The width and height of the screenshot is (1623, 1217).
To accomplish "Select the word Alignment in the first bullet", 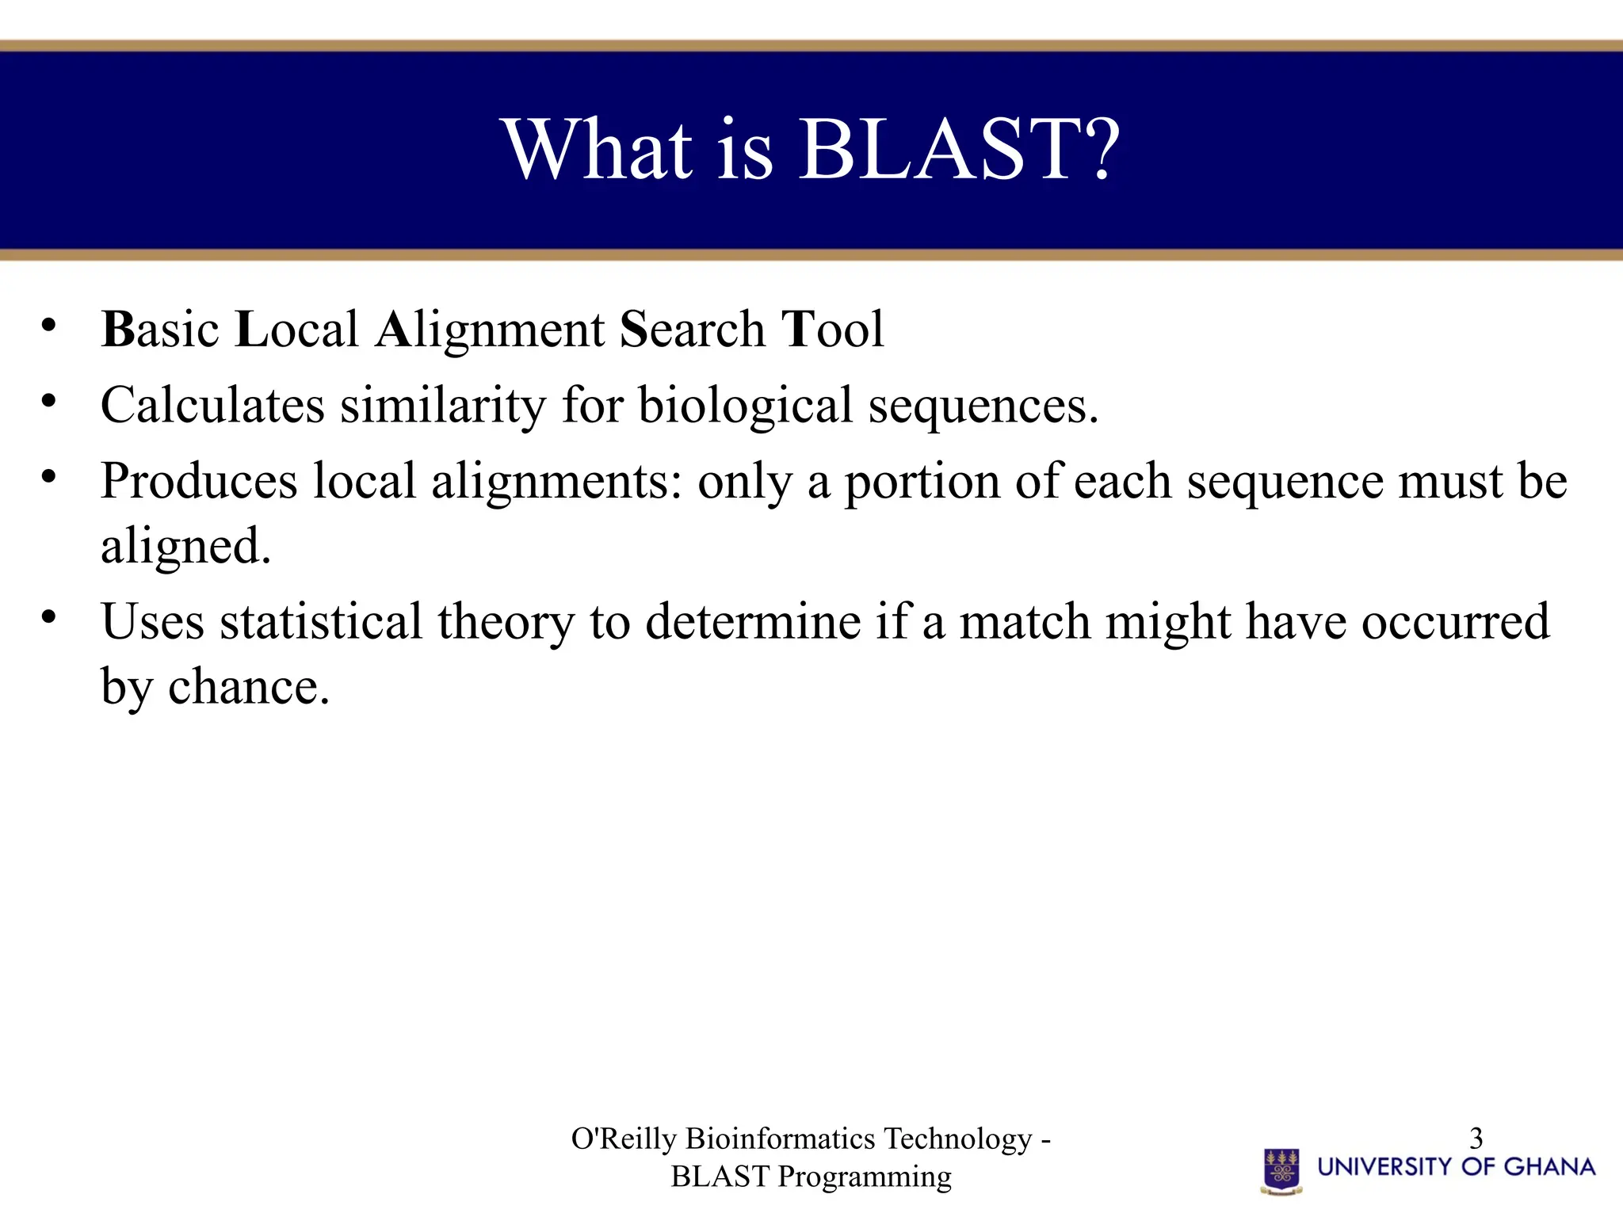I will point(491,330).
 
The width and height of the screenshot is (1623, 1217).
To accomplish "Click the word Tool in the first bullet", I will point(832,330).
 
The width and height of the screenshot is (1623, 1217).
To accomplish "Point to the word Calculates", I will point(212,406).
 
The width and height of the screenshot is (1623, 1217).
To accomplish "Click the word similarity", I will point(443,406).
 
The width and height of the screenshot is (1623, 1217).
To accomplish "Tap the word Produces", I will point(199,482).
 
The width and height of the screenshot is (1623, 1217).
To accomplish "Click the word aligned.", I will point(185,547).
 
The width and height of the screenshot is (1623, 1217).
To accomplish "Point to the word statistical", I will point(321,621).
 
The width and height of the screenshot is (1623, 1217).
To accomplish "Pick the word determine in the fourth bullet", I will point(753,621).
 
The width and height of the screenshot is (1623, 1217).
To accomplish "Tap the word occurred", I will point(1455,621).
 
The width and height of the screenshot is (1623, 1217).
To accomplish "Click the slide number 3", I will point(1476,1139).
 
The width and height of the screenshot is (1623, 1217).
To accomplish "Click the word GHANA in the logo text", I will point(1549,1166).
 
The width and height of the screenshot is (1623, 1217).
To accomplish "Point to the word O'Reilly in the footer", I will point(624,1139).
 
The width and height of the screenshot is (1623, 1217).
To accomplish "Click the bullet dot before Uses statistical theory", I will point(49,616).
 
